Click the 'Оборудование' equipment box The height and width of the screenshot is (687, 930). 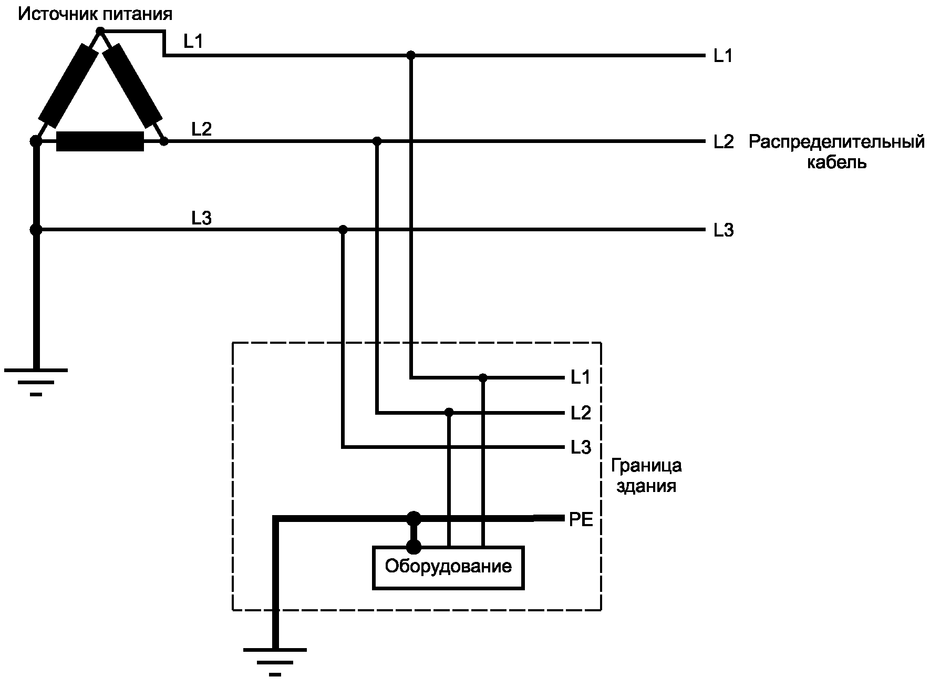[448, 567]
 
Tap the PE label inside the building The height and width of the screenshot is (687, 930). [581, 520]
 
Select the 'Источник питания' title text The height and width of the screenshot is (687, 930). [95, 14]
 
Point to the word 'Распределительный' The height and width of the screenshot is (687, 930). [836, 142]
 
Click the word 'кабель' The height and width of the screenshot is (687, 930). [836, 162]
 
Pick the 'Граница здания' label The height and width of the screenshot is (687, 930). [646, 476]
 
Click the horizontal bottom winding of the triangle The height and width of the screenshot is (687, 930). [100, 141]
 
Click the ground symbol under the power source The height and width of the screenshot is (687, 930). [36, 381]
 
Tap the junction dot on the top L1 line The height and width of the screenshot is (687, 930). [411, 55]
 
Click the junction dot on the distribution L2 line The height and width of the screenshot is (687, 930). [377, 141]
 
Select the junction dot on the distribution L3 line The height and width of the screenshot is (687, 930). [343, 229]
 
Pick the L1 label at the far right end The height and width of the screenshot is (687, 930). [722, 56]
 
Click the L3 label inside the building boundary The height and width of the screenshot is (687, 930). [581, 448]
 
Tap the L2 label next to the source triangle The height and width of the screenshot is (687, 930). [201, 129]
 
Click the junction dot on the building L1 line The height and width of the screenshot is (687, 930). [483, 377]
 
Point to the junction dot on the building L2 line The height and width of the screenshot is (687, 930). [449, 412]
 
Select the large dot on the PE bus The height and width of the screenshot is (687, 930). [414, 518]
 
